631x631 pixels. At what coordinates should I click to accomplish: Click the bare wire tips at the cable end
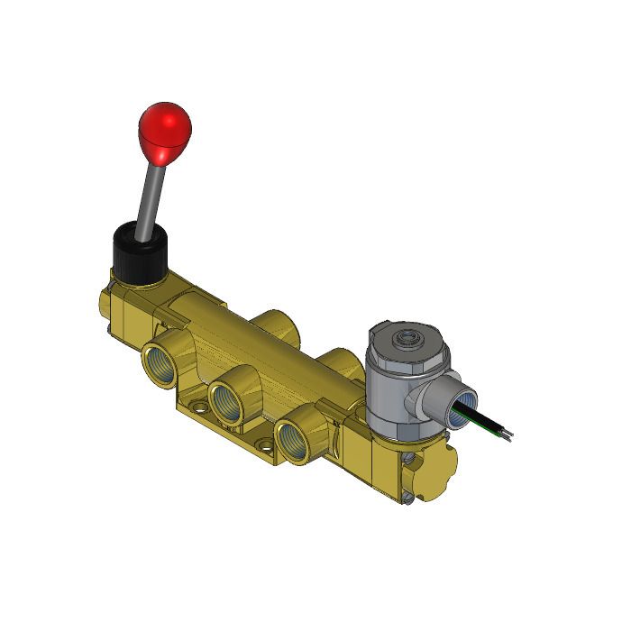pos(510,437)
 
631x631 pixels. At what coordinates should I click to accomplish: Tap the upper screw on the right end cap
pos(411,462)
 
